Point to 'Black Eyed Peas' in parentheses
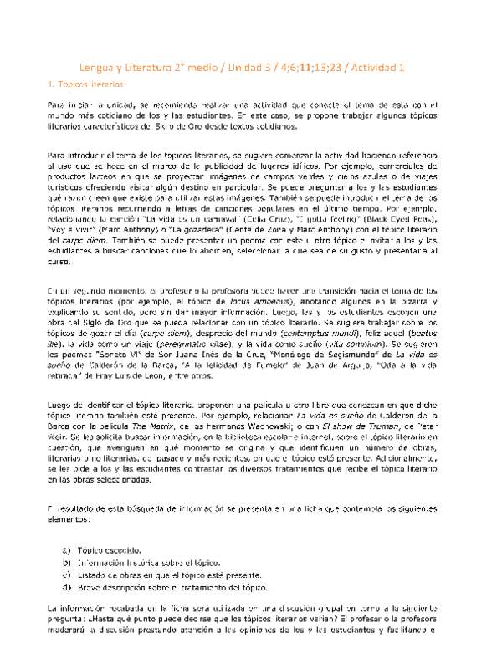[x=366, y=214]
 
